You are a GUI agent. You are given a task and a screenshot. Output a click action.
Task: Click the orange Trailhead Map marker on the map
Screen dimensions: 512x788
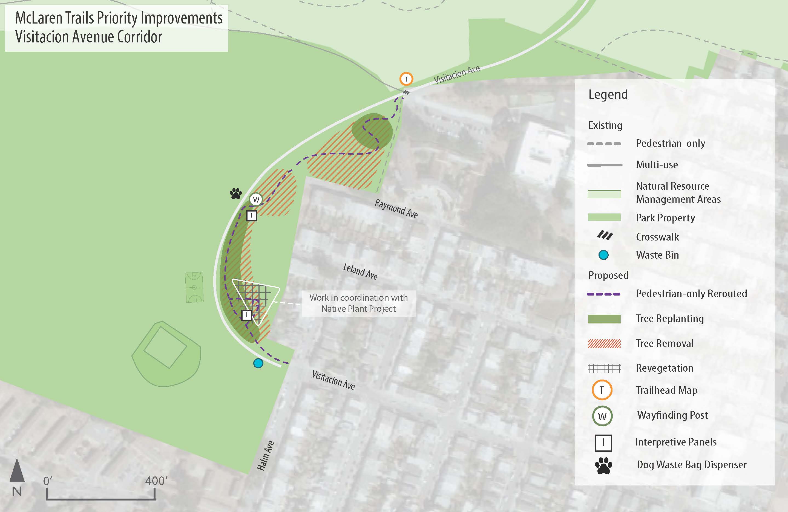(x=406, y=79)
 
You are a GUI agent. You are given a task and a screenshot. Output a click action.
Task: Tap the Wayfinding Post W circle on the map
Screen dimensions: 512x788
(x=256, y=199)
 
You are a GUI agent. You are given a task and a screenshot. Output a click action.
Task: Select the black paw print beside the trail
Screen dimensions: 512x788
(x=236, y=194)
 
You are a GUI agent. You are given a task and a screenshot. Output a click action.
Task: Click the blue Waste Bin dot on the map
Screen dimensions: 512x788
(x=258, y=363)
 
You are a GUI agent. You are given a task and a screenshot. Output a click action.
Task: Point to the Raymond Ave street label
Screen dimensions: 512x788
(x=396, y=209)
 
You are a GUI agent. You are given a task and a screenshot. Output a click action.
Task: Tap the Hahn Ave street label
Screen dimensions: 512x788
(x=266, y=455)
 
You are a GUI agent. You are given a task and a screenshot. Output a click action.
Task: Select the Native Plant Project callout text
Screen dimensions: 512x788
(x=359, y=303)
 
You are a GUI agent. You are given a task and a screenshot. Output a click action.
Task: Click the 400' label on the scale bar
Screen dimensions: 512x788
(x=156, y=481)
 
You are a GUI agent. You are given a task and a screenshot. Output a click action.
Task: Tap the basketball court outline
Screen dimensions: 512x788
(x=194, y=287)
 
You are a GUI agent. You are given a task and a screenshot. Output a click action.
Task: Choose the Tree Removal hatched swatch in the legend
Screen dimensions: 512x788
(x=604, y=343)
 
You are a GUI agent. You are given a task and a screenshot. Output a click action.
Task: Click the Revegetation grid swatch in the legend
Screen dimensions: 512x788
(x=604, y=368)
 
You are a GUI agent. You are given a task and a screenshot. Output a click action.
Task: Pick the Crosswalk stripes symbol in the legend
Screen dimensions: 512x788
(x=605, y=235)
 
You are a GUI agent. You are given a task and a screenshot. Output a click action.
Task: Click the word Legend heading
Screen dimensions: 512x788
(x=608, y=95)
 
